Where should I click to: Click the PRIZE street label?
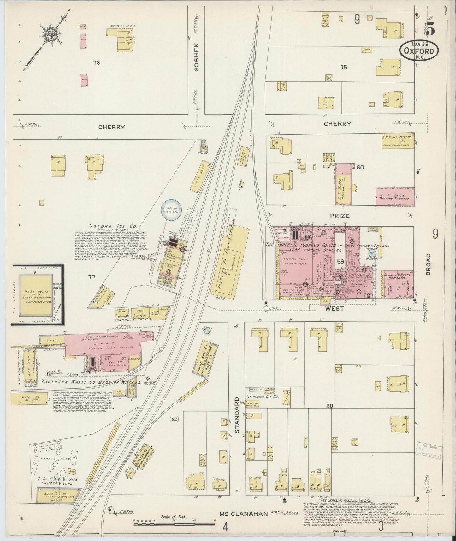pyautogui.click(x=340, y=216)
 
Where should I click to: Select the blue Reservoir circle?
pyautogui.click(x=171, y=211)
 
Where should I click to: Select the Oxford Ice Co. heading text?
pyautogui.click(x=113, y=226)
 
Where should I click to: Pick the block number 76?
pyautogui.click(x=96, y=63)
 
